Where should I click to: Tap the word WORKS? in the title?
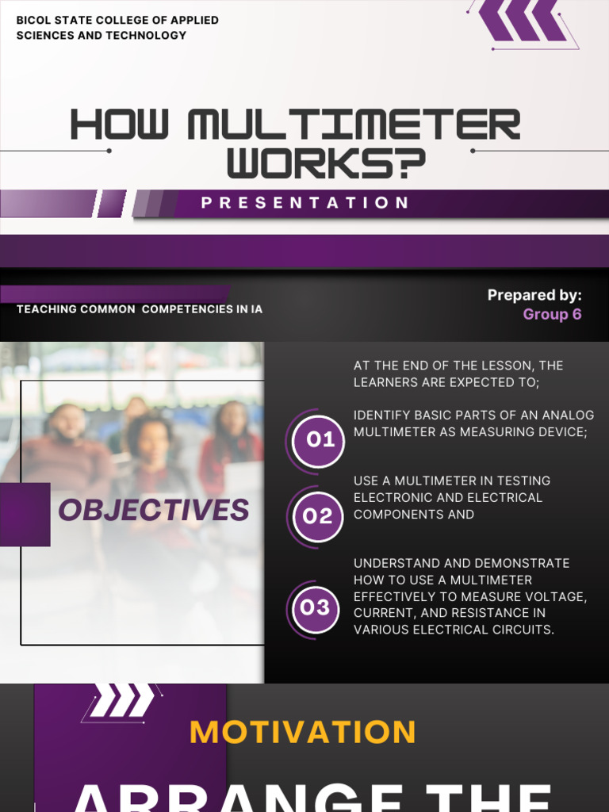(x=326, y=163)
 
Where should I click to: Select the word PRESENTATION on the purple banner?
(x=305, y=203)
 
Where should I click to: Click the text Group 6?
(x=552, y=314)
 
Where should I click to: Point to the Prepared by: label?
(x=534, y=295)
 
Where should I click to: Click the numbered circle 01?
(x=319, y=440)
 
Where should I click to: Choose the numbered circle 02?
(x=318, y=516)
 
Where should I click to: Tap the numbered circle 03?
(x=315, y=608)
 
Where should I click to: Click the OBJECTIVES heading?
(x=154, y=510)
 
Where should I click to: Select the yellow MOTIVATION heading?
(x=303, y=732)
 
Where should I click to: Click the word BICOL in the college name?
(x=33, y=20)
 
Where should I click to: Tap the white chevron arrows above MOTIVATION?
(x=121, y=701)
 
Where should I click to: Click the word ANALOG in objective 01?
(x=567, y=416)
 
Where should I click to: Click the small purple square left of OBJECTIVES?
(x=25, y=514)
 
